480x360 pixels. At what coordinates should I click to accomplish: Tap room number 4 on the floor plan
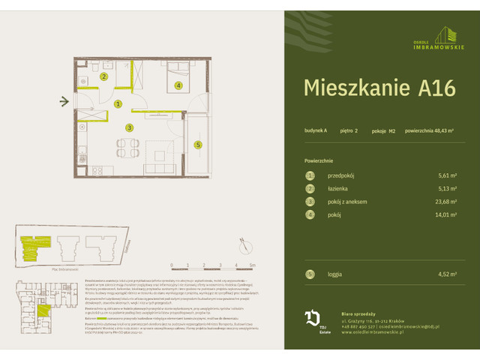(x=178, y=85)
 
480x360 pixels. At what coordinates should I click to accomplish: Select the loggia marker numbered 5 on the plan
(x=198, y=145)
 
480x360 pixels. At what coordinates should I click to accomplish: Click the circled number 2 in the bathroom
(x=105, y=76)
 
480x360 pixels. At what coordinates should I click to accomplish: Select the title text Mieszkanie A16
(x=379, y=88)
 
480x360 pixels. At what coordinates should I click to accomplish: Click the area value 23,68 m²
(x=447, y=202)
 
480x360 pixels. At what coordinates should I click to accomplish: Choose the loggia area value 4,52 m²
(x=448, y=274)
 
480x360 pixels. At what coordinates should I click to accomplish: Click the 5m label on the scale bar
(x=253, y=265)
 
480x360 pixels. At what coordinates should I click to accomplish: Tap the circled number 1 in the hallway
(x=119, y=104)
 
